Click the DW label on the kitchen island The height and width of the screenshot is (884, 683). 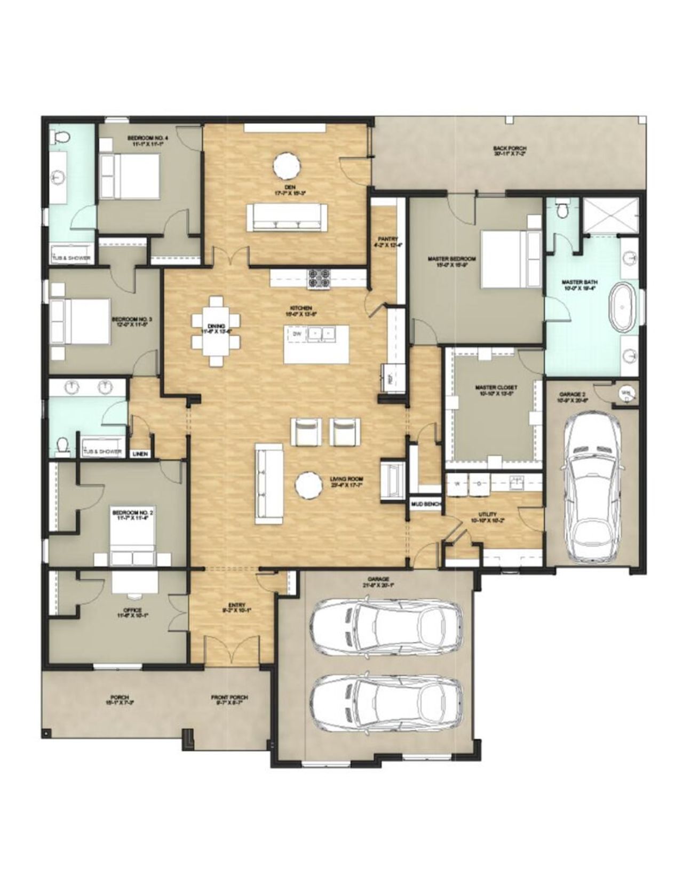(x=297, y=334)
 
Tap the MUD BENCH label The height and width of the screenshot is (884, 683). (x=424, y=504)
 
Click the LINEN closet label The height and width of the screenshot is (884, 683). (x=140, y=454)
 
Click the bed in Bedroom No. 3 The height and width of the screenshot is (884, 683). (x=80, y=320)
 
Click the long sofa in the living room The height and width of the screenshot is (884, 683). (x=269, y=485)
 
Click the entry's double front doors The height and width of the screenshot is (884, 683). (x=231, y=652)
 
